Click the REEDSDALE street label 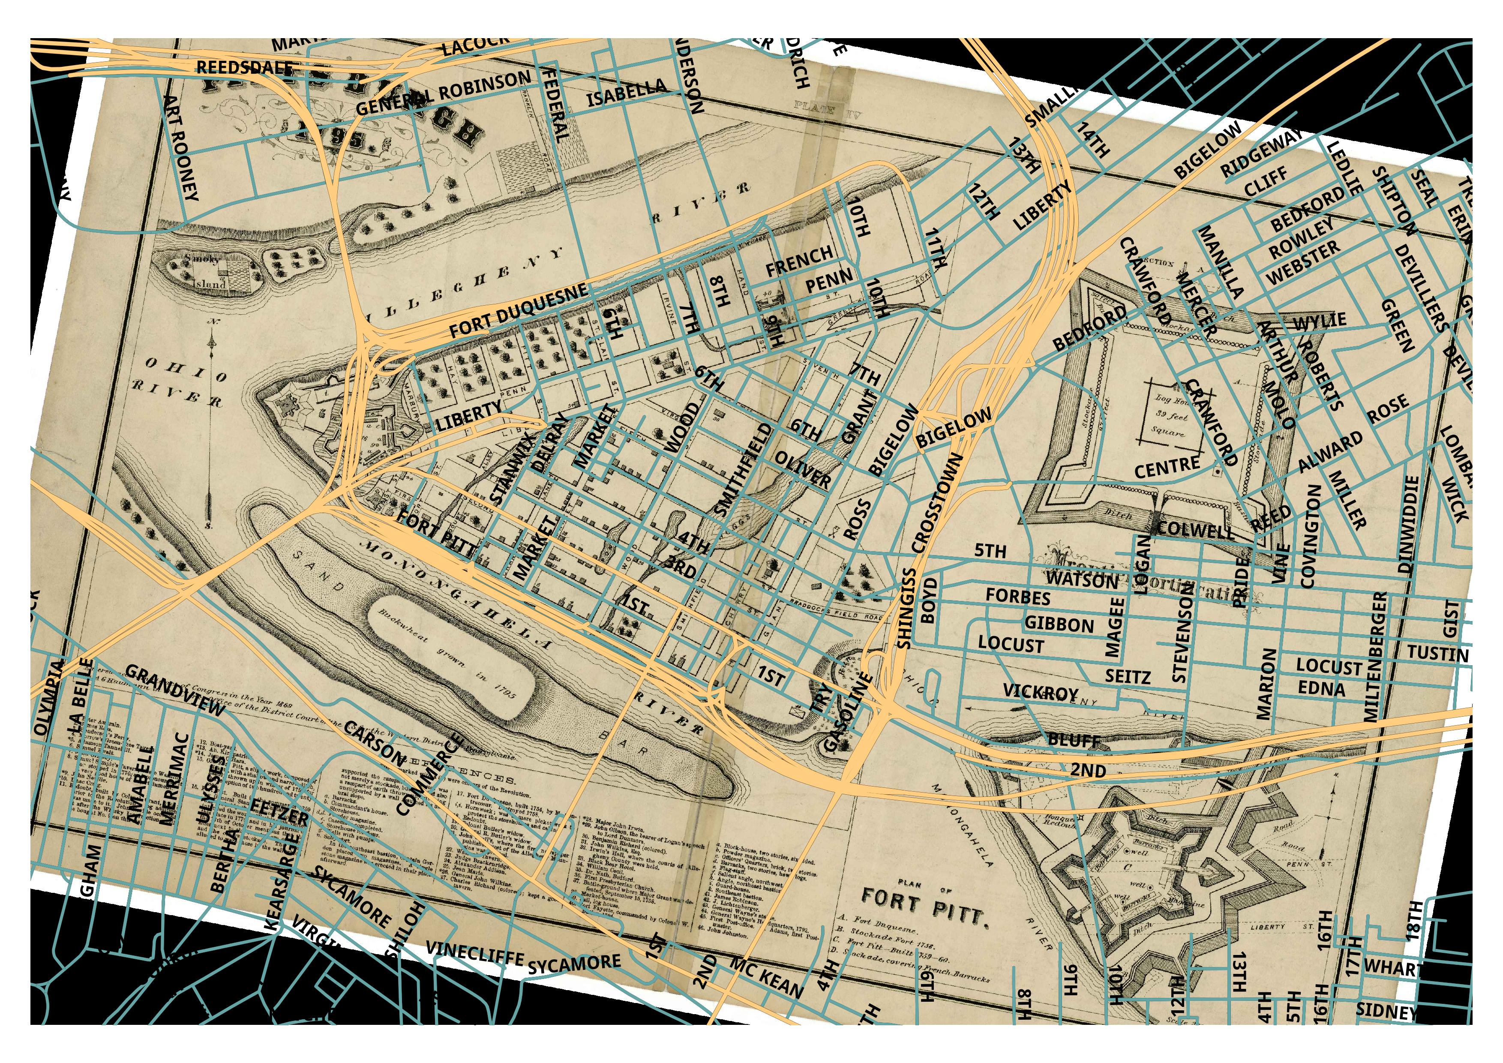(245, 67)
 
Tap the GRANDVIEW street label (175, 690)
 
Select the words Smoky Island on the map (208, 271)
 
